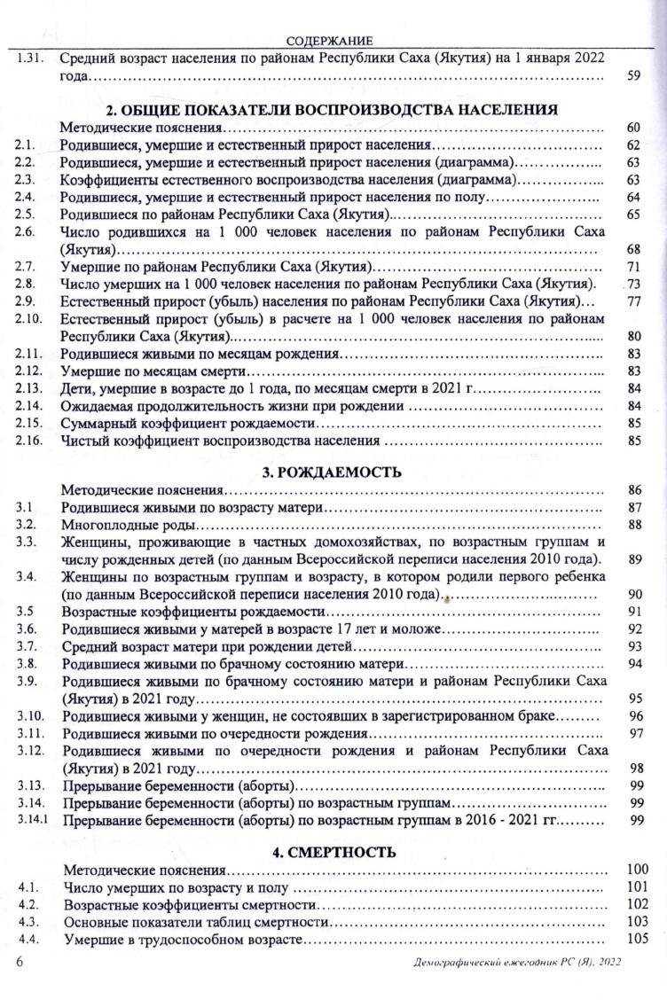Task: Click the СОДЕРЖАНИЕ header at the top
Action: point(330,40)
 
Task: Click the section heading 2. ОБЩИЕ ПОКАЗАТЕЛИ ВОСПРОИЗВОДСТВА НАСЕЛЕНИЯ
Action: point(332,110)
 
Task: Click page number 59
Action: point(633,76)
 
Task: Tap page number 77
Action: point(633,301)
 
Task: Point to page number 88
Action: point(633,525)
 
